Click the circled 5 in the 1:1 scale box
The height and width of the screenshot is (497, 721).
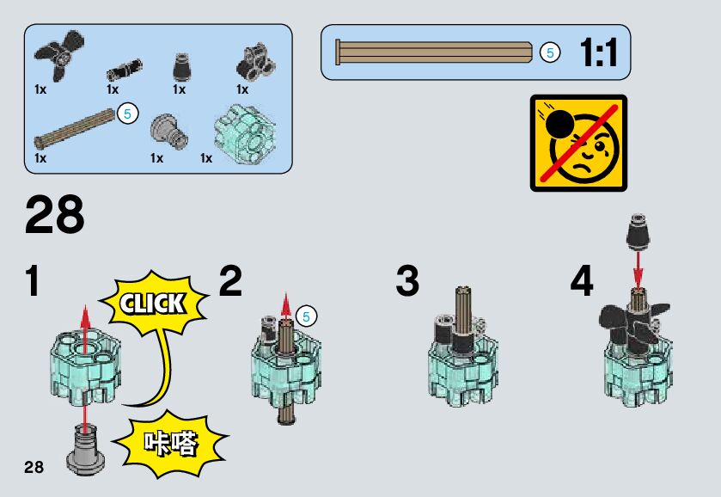click(x=549, y=53)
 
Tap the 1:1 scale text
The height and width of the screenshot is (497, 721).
click(x=598, y=53)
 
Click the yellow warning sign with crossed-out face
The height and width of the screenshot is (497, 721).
click(x=577, y=142)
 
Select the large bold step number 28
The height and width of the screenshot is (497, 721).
click(x=55, y=214)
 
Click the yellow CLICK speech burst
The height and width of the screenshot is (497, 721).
click(x=154, y=303)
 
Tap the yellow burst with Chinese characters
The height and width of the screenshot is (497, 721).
click(x=171, y=444)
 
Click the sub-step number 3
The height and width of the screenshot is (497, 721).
click(x=407, y=282)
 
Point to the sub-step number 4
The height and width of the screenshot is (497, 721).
click(x=582, y=282)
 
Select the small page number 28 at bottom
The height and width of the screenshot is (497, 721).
click(x=34, y=467)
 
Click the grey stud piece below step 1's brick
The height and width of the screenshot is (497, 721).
click(x=85, y=447)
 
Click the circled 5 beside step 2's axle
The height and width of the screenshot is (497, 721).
click(x=307, y=316)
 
